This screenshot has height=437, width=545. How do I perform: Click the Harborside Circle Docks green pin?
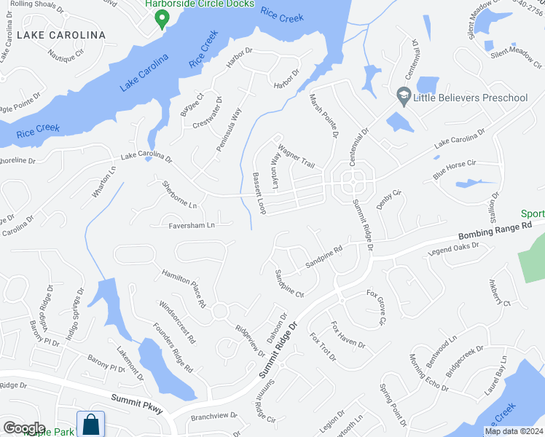(x=163, y=20)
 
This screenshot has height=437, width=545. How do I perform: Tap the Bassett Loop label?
(x=259, y=193)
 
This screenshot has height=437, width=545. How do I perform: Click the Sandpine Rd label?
(x=324, y=259)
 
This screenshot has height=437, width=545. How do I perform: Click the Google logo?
(x=23, y=428)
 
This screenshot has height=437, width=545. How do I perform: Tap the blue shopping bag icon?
(x=92, y=424)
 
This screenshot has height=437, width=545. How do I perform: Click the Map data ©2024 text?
(x=513, y=431)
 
